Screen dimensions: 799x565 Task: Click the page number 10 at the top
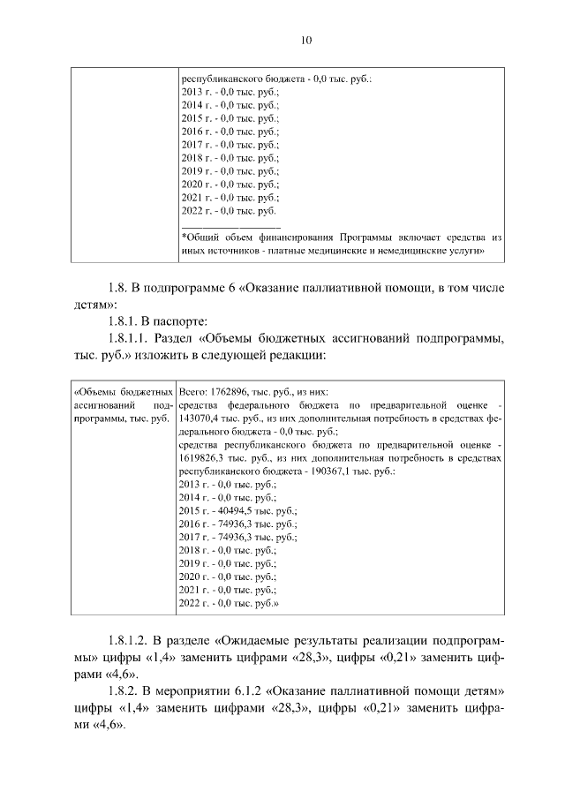tap(305, 40)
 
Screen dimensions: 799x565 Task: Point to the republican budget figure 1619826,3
tap(202, 458)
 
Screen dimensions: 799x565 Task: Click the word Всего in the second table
tap(194, 389)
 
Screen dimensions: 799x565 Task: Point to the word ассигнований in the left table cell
tap(97, 403)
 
